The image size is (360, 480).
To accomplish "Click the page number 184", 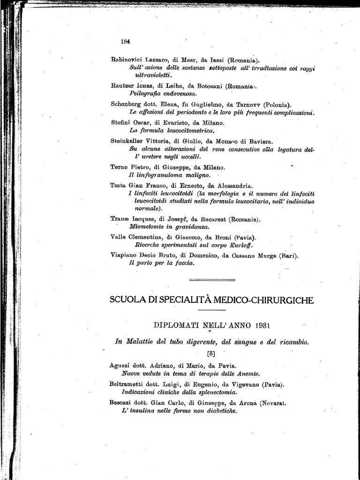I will (x=125, y=41).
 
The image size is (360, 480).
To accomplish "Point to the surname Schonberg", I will (x=127, y=105).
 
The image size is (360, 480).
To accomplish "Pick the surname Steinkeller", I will (x=128, y=141).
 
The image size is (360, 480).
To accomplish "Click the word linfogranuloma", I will (x=157, y=175).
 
